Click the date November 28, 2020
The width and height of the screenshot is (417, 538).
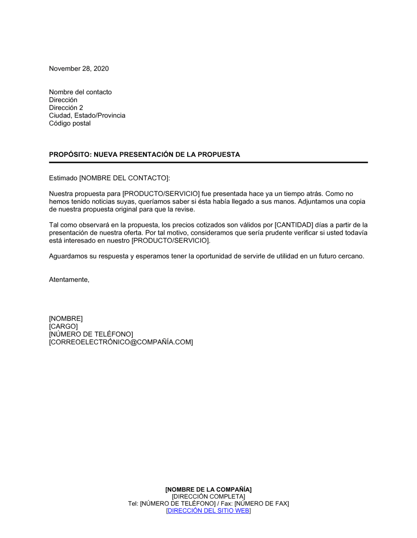pos(79,69)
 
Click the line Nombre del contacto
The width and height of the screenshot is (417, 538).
pos(80,92)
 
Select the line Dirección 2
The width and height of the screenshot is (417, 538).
pos(66,108)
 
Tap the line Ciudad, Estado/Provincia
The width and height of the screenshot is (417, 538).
pos(87,116)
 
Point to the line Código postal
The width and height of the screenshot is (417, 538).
pos(70,123)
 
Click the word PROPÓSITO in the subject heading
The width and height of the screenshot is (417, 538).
pos(69,155)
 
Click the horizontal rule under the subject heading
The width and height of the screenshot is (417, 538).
pos(208,162)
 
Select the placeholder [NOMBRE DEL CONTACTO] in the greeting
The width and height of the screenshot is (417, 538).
pos(124,178)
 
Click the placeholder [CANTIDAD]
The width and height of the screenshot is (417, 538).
pos(294,225)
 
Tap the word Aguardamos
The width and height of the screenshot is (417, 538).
pos(68,256)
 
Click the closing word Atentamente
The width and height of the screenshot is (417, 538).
pos(69,280)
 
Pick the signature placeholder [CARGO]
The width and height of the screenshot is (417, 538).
pos(63,327)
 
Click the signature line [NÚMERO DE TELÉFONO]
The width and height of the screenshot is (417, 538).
pos(91,334)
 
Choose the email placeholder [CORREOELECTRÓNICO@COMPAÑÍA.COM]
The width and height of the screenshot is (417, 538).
pos(121,342)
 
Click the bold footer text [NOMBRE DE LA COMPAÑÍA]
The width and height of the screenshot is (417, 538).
pos(208,490)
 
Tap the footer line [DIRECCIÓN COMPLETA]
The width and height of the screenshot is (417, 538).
pos(208,497)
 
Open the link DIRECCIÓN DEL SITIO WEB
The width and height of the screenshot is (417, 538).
pos(208,511)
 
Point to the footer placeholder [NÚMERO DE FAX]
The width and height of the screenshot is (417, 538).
pos(261,504)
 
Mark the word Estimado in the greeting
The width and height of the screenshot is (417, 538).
pos(63,178)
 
